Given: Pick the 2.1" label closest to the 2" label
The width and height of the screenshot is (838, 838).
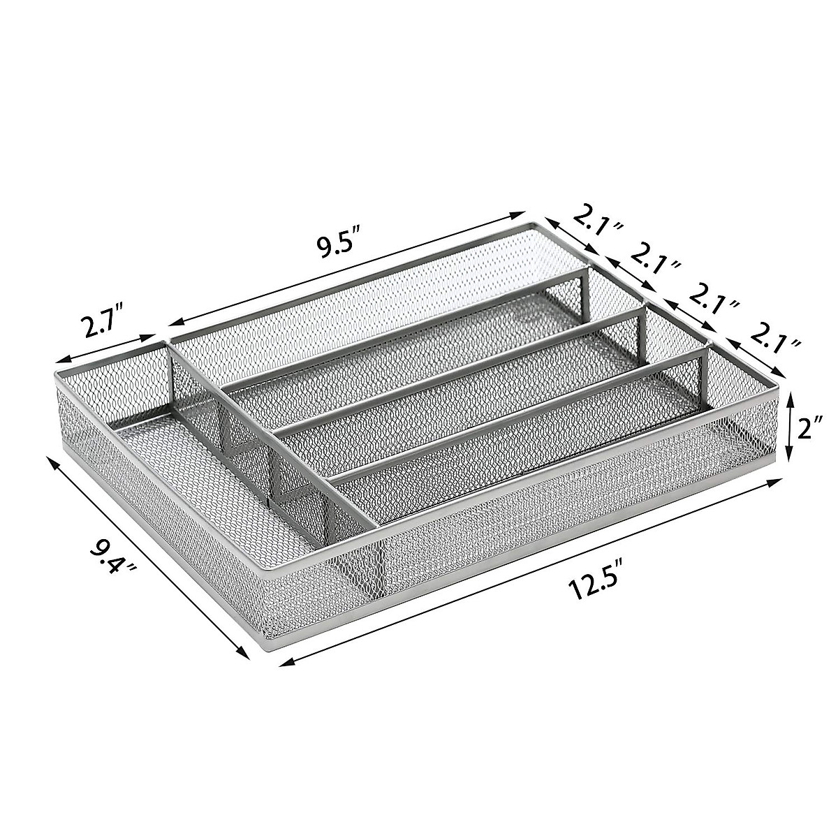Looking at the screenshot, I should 772,340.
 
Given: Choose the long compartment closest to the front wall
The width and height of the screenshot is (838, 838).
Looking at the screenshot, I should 503,447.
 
